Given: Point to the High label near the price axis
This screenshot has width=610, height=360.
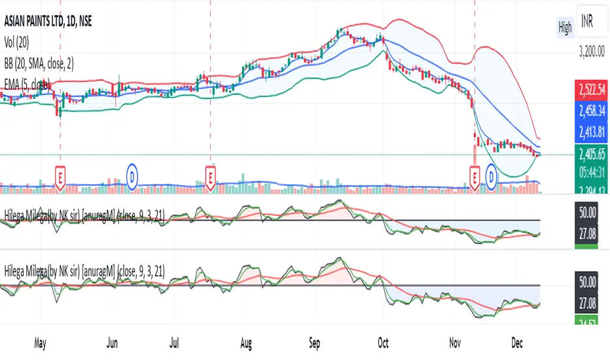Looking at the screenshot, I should point(564,27).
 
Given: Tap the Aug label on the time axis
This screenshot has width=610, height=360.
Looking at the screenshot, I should point(246,342).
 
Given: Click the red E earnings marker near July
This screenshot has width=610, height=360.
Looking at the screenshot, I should point(210,177).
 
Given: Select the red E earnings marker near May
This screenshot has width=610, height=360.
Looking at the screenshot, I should point(60,177).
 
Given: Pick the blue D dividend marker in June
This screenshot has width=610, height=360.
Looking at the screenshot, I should point(132,176).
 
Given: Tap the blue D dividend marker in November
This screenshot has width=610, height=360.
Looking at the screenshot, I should point(492,176).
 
